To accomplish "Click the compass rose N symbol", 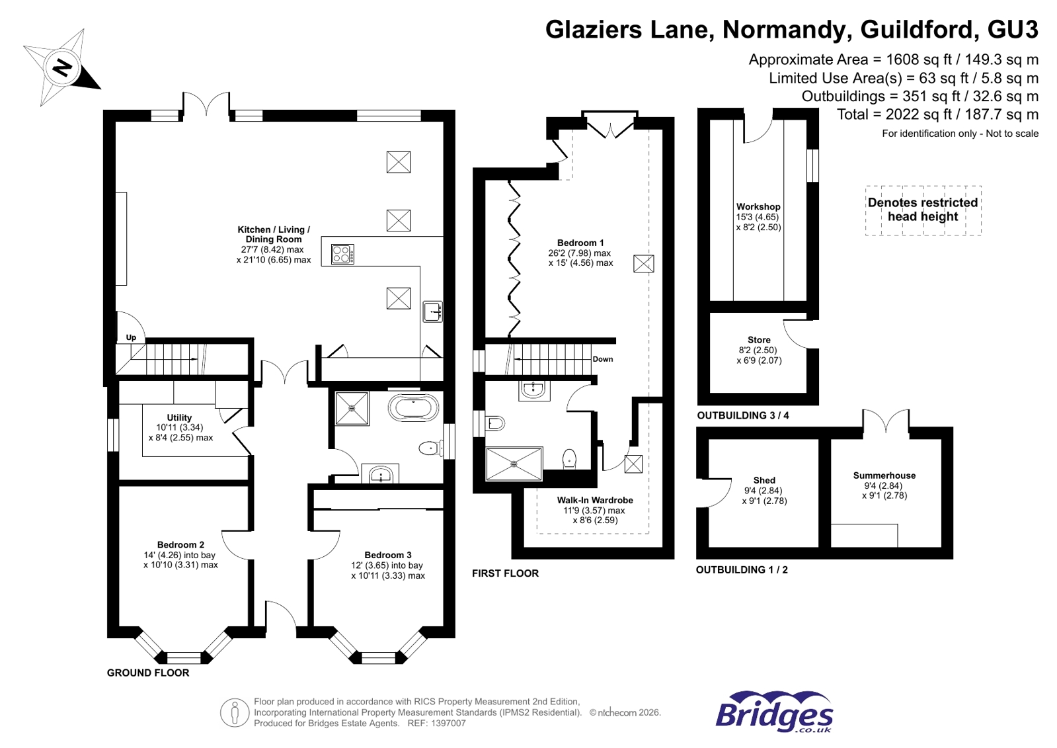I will pos(62,67).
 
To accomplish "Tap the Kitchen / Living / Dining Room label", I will pos(274,234).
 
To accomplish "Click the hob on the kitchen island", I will pos(342,254).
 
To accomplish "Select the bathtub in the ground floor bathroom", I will pos(414,408).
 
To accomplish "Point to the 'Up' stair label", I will pos(131,337).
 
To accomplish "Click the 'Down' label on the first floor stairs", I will pos(602,359).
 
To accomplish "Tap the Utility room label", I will pos(179,417).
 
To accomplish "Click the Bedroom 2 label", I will pos(180,544).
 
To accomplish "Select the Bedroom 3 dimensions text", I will pos(387,570).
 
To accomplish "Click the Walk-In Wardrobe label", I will pos(594,500).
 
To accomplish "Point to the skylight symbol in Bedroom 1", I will pos(643,263).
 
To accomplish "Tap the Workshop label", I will pos(758,206).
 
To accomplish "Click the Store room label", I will pos(759,339).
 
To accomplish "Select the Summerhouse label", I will pos(884,475).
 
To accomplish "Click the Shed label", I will pos(764,480).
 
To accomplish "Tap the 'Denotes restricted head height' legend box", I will pos(923,210).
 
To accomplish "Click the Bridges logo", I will pos(773,712).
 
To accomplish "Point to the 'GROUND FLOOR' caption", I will pos(148,673).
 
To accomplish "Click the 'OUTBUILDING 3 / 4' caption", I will pos(742,415).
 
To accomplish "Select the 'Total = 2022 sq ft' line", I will pos(937,114).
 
